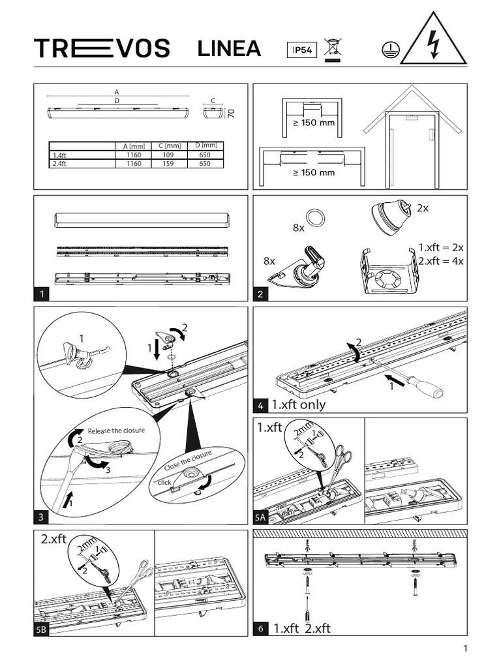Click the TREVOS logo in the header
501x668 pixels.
tap(102, 49)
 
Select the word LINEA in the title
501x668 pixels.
tap(229, 49)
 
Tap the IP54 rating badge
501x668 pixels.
tap(301, 50)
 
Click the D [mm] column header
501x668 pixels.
tap(205, 145)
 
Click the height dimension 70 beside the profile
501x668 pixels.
tap(230, 113)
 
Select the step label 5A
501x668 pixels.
tap(260, 518)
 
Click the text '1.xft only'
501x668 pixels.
tap(299, 405)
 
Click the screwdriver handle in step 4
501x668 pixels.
tap(430, 389)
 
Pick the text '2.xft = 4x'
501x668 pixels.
tap(440, 261)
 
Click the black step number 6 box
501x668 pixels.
tap(260, 629)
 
